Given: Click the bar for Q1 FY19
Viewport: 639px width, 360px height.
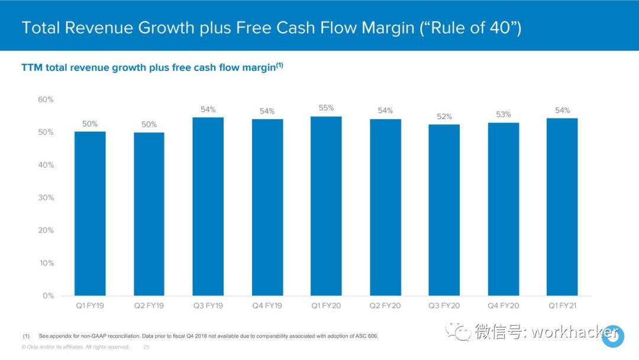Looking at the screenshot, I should (x=90, y=213).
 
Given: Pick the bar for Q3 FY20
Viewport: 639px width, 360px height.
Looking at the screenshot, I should (x=444, y=210).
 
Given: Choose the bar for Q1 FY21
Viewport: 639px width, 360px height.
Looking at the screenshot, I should (x=562, y=207).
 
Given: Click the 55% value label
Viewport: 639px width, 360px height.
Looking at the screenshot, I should (x=327, y=108).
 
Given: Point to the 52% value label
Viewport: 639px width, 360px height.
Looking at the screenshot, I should (x=444, y=117).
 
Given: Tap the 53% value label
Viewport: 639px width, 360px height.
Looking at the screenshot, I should (x=504, y=114).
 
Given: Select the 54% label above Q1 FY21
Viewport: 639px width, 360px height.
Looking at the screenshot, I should (x=562, y=110).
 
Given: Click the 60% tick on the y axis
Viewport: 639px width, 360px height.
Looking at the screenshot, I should (x=46, y=99).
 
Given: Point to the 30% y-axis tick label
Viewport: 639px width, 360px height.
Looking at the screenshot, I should (x=46, y=198).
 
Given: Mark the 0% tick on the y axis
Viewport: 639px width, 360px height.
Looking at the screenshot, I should (x=48, y=295).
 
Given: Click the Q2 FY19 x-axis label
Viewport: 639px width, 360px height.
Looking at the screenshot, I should (x=149, y=306).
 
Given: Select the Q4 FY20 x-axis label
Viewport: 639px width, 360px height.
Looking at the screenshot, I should (x=504, y=306).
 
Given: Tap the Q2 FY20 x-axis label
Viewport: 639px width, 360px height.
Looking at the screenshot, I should (x=385, y=306).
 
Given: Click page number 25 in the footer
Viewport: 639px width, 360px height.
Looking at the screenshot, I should (x=146, y=347).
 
